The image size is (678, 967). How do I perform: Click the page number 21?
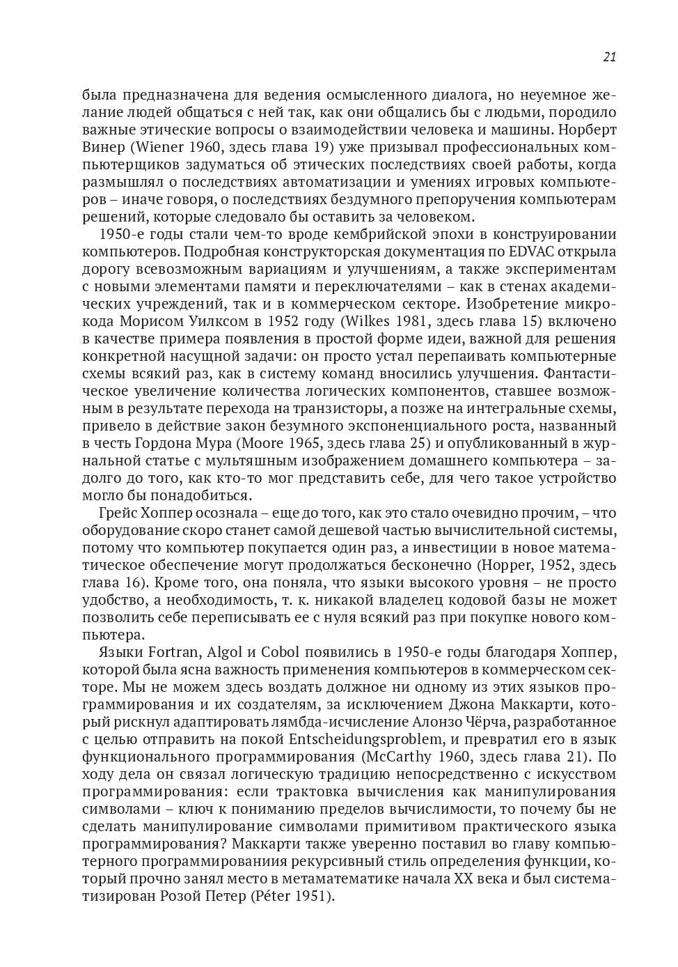609,57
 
